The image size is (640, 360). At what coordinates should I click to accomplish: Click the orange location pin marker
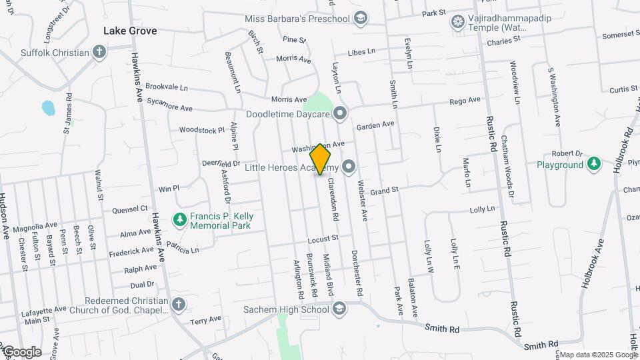click(x=321, y=159)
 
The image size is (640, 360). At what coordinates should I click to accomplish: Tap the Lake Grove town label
click(x=129, y=31)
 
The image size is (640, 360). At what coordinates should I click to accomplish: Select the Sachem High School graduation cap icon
click(x=339, y=308)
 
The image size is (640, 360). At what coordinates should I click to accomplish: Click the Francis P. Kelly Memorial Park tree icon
click(x=179, y=219)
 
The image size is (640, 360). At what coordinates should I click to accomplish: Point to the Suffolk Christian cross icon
click(x=99, y=52)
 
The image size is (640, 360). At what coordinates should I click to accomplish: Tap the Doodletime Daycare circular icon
click(x=341, y=114)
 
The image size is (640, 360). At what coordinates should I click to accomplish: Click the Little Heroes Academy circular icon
click(x=349, y=167)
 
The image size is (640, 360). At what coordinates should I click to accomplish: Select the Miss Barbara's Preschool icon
click(x=361, y=19)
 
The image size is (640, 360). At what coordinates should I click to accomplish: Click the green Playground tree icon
click(x=593, y=164)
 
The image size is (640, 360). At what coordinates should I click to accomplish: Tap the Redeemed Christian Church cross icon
click(x=178, y=305)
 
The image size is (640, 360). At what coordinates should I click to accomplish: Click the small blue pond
click(x=48, y=107)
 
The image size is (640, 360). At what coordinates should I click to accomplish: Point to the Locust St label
click(x=324, y=238)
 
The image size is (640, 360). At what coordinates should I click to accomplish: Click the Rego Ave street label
click(x=465, y=101)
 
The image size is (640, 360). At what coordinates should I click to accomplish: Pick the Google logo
click(x=21, y=352)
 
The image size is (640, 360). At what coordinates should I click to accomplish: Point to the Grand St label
click(x=384, y=191)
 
